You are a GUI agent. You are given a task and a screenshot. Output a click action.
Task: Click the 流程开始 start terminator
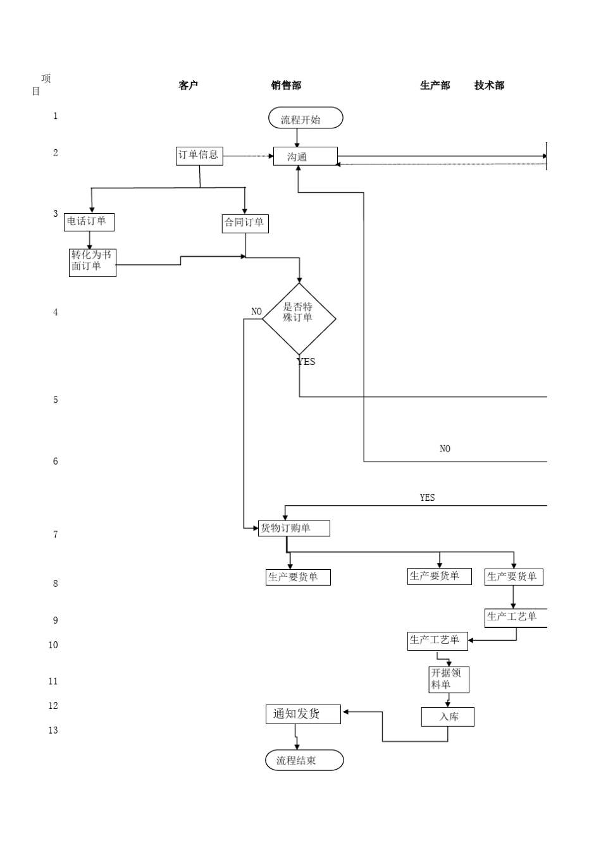click(306, 118)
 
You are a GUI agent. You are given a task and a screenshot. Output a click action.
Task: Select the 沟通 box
click(305, 156)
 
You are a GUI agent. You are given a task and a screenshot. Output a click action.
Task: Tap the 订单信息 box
click(199, 156)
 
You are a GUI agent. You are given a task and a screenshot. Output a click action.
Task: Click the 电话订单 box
click(89, 222)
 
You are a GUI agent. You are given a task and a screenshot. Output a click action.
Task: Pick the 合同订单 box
click(245, 223)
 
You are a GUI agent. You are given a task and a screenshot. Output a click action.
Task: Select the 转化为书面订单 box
click(92, 262)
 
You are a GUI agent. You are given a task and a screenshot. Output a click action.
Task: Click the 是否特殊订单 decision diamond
click(299, 318)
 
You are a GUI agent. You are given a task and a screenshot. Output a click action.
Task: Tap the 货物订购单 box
click(294, 528)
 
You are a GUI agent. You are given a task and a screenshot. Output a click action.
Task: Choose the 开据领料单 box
click(449, 679)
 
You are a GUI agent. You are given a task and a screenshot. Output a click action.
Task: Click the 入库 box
click(448, 717)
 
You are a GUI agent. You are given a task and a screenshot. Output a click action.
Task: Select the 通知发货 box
click(302, 714)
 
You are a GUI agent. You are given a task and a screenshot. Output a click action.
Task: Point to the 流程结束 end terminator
click(304, 760)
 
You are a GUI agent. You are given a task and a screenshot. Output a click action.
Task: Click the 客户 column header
click(188, 85)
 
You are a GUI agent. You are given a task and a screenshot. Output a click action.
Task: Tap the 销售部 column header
click(286, 85)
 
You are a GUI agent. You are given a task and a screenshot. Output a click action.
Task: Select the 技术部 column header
click(489, 85)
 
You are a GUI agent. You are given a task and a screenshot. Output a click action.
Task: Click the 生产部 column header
click(435, 85)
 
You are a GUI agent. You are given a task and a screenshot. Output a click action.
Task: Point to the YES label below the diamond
click(306, 362)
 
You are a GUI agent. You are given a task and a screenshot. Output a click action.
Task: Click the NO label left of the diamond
click(256, 311)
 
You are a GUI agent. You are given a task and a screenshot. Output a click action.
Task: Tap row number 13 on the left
click(53, 730)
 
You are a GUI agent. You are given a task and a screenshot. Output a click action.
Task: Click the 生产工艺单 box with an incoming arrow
click(438, 641)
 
